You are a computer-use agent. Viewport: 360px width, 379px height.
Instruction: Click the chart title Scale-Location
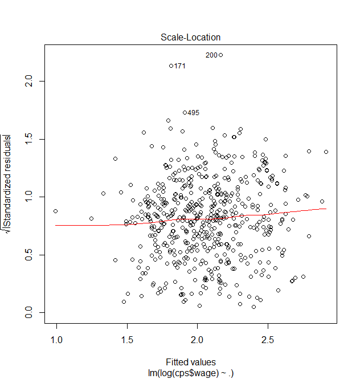[x=191, y=38]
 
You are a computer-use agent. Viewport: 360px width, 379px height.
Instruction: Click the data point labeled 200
[x=220, y=55]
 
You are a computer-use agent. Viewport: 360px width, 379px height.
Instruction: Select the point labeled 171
[x=171, y=66]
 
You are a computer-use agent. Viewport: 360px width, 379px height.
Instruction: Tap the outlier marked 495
[x=185, y=113]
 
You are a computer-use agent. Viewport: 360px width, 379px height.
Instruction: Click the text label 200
[x=211, y=55]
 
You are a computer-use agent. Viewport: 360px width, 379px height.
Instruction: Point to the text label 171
[x=180, y=66]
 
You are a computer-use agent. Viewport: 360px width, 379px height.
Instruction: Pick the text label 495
[x=194, y=113]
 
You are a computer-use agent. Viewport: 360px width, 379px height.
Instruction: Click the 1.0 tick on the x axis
[x=56, y=340]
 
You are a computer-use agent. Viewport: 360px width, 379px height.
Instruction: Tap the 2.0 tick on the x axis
[x=197, y=340]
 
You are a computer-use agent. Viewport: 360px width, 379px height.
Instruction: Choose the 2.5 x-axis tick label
[x=268, y=340]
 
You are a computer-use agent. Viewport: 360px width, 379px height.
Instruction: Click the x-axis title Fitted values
[x=191, y=362]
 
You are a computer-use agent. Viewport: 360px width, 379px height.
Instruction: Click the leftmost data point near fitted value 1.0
[x=56, y=211]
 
